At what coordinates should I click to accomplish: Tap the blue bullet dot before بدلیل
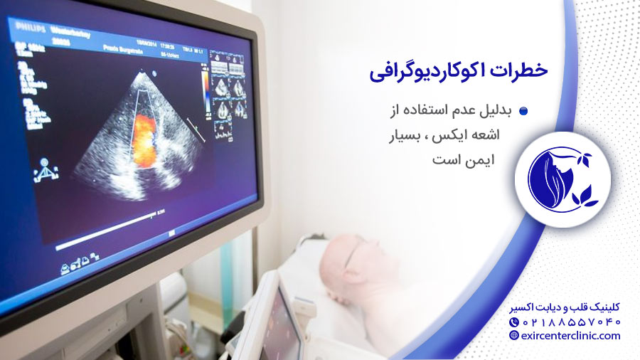pos(523,111)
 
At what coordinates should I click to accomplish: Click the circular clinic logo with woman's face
pos(562,174)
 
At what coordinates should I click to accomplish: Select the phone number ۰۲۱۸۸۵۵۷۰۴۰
pos(573,322)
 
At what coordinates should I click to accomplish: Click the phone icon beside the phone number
pos(514,322)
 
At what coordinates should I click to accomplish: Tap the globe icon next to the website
pos(514,336)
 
